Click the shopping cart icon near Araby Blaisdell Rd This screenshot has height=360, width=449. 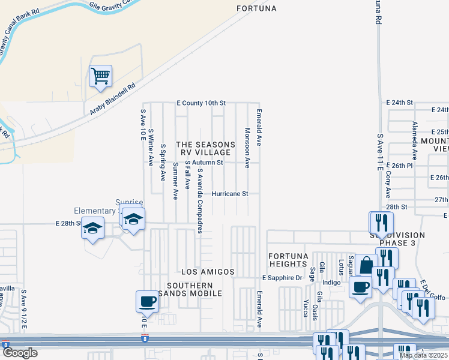[100, 76]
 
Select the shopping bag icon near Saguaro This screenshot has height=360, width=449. [366, 265]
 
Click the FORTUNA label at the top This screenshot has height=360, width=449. [257, 9]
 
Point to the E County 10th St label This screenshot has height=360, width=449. [201, 103]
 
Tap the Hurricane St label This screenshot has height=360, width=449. [230, 194]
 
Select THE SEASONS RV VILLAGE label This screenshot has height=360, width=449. [205, 149]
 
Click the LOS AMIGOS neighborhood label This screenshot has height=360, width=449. [209, 272]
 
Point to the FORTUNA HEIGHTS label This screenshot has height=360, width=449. [288, 260]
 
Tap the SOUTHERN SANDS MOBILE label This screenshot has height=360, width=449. [190, 289]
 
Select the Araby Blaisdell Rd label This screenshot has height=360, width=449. [113, 100]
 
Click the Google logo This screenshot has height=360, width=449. [20, 353]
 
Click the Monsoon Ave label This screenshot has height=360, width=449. [247, 147]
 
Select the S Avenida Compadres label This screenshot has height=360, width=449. [200, 200]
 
